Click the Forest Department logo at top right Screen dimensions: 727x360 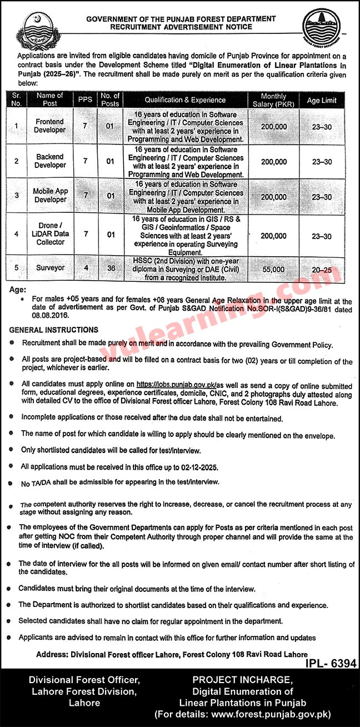(x=324, y=33)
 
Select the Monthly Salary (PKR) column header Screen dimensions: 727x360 (x=273, y=99)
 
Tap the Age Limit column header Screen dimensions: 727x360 (x=322, y=100)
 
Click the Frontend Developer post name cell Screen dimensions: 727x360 (x=50, y=126)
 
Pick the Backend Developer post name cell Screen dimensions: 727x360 (x=50, y=161)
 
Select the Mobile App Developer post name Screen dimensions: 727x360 (x=50, y=196)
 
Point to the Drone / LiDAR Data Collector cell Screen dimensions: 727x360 (x=50, y=233)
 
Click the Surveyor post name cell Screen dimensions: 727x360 (x=50, y=268)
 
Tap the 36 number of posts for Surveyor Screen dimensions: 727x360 (x=111, y=268)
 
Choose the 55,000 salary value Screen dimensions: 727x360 (x=273, y=269)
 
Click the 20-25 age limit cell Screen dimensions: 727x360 (x=322, y=269)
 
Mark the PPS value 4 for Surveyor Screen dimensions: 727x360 (x=85, y=268)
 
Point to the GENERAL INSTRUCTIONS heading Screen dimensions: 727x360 (x=54, y=330)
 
